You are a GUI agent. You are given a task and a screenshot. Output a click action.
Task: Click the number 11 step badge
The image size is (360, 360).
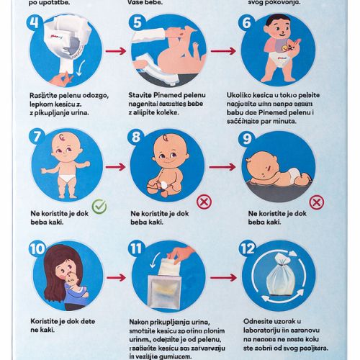139,249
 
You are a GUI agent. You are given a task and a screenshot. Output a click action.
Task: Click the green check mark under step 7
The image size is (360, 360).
99,207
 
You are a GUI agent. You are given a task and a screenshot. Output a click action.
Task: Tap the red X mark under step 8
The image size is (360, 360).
204,202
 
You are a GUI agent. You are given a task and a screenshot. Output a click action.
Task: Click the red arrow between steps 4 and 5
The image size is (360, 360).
116,51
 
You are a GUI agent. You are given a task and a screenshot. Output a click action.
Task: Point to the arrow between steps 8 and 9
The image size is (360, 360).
222,166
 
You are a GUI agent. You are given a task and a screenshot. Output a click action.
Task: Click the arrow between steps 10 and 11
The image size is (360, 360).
116,276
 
